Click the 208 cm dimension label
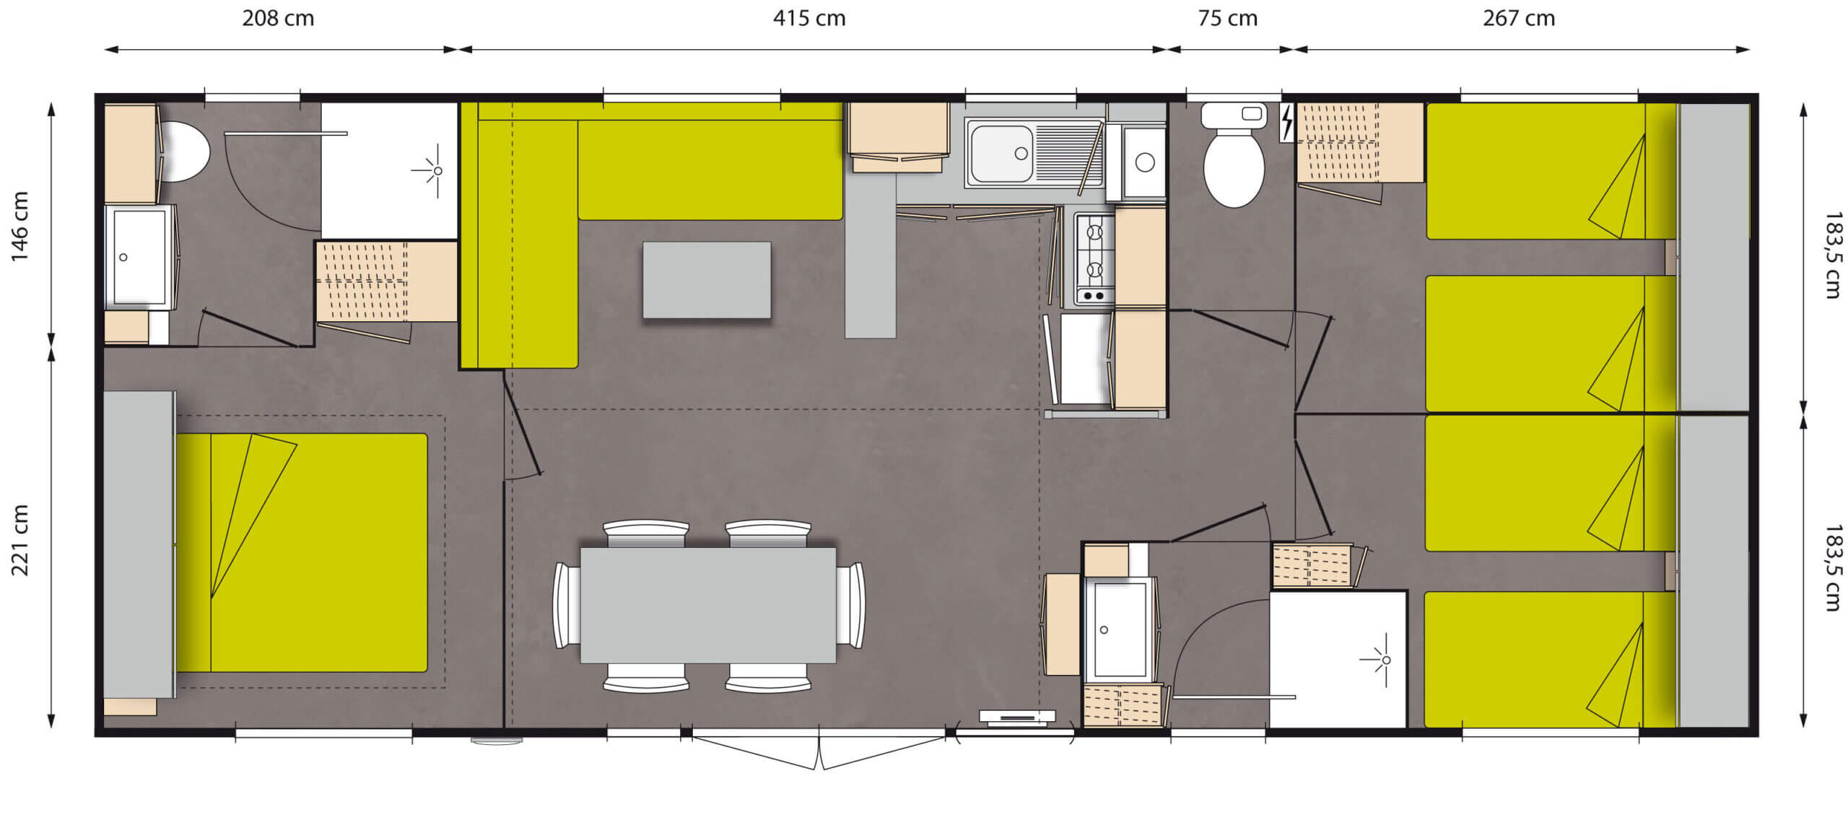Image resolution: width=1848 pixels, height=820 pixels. click(278, 18)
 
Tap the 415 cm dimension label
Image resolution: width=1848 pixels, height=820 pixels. click(809, 18)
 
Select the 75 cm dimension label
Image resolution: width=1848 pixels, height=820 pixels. click(1227, 18)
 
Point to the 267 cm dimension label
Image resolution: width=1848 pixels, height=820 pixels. click(1519, 18)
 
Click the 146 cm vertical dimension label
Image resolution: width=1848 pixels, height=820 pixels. click(19, 227)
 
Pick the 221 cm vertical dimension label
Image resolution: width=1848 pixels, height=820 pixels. click(19, 540)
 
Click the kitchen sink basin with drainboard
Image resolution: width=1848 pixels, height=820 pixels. click(1034, 154)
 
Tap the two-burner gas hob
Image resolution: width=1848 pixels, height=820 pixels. click(1094, 258)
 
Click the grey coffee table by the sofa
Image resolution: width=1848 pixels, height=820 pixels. click(707, 279)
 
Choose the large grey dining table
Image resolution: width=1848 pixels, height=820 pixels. click(708, 605)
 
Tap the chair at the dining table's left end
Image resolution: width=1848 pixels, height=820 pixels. click(567, 605)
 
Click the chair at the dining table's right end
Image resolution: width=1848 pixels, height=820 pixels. click(850, 605)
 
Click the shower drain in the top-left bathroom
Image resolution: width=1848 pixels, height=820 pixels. click(437, 171)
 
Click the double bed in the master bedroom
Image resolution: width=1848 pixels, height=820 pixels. click(302, 553)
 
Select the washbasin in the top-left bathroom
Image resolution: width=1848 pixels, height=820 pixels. click(140, 258)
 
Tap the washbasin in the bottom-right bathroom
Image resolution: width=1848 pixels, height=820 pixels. click(1120, 629)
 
